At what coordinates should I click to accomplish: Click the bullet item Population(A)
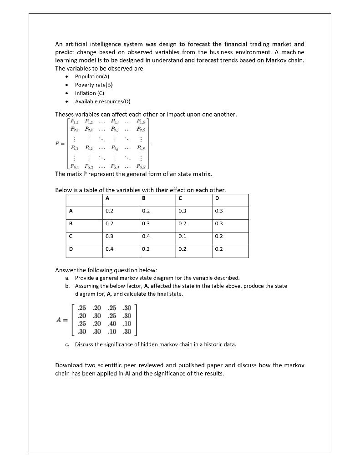(x=92, y=76)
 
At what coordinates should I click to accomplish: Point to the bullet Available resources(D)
(x=102, y=101)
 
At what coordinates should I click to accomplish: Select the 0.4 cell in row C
(x=146, y=236)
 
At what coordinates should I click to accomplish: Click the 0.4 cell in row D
(x=109, y=249)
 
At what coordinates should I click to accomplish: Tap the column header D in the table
(x=216, y=198)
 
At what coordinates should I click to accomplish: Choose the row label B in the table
(x=70, y=223)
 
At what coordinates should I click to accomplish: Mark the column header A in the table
(x=107, y=198)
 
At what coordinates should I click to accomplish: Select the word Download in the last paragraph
(x=70, y=365)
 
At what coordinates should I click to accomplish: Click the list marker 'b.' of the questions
(x=67, y=286)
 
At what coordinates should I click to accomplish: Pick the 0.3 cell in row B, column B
(x=146, y=223)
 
